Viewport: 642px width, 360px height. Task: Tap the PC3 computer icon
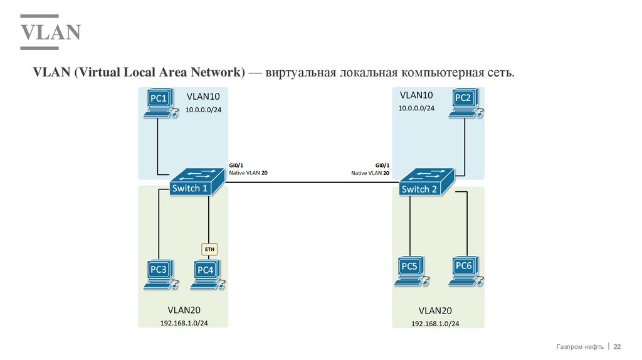[x=159, y=274]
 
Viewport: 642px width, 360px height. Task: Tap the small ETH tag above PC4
[x=209, y=249]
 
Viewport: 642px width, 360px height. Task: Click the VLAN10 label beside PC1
[x=203, y=97]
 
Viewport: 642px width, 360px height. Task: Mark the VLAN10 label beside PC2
[x=416, y=95]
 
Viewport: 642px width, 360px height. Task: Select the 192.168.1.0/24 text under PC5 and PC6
[x=435, y=324]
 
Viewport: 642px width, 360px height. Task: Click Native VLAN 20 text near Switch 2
[x=370, y=172]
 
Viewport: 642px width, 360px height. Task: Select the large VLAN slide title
[x=50, y=32]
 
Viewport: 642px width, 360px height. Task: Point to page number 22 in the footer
[x=617, y=347]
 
